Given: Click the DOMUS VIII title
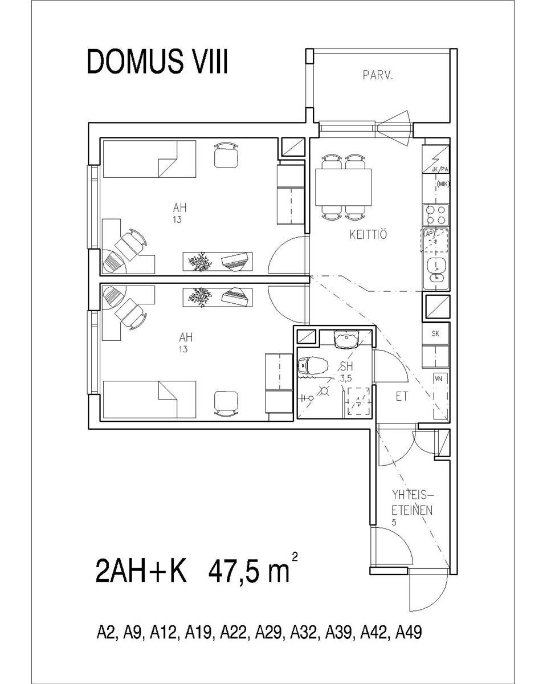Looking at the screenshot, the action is coord(157,62).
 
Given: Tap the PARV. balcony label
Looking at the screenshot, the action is coord(378,75).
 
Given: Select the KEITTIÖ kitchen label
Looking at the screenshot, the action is coord(368,235).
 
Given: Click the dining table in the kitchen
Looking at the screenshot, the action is coord(343,187).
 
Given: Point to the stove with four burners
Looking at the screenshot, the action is coord(436,215).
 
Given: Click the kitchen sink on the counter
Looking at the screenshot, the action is coord(436,270).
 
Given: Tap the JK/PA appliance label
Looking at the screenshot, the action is coord(439,170).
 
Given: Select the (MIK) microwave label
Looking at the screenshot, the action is coord(443,184).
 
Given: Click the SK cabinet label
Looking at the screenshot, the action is coord(435,333).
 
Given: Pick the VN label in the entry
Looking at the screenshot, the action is coord(438,378).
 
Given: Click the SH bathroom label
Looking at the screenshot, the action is coord(346,367).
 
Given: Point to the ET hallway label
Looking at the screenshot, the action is coord(402,396).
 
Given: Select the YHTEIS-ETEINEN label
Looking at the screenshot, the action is coord(412,503).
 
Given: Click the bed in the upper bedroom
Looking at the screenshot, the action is coord(149,159).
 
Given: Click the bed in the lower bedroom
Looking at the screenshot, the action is coord(149,400).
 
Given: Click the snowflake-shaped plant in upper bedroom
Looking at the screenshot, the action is coord(200,262).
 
